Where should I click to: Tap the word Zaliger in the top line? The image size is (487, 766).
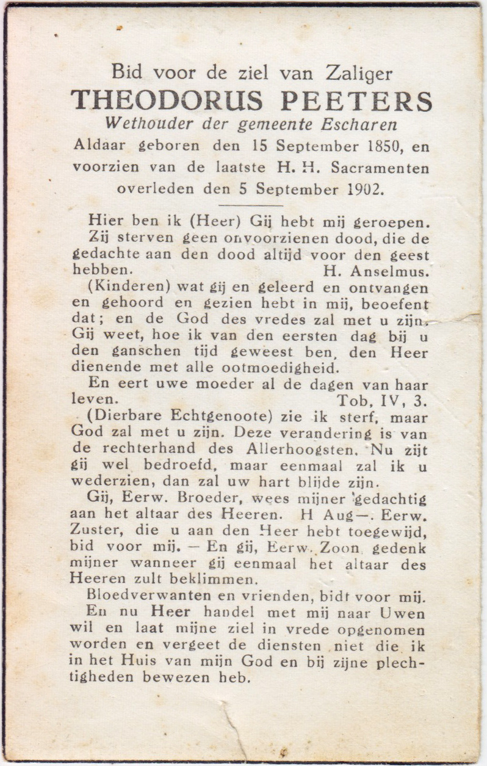coord(359,74)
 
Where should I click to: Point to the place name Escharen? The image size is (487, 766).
coord(363,124)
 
